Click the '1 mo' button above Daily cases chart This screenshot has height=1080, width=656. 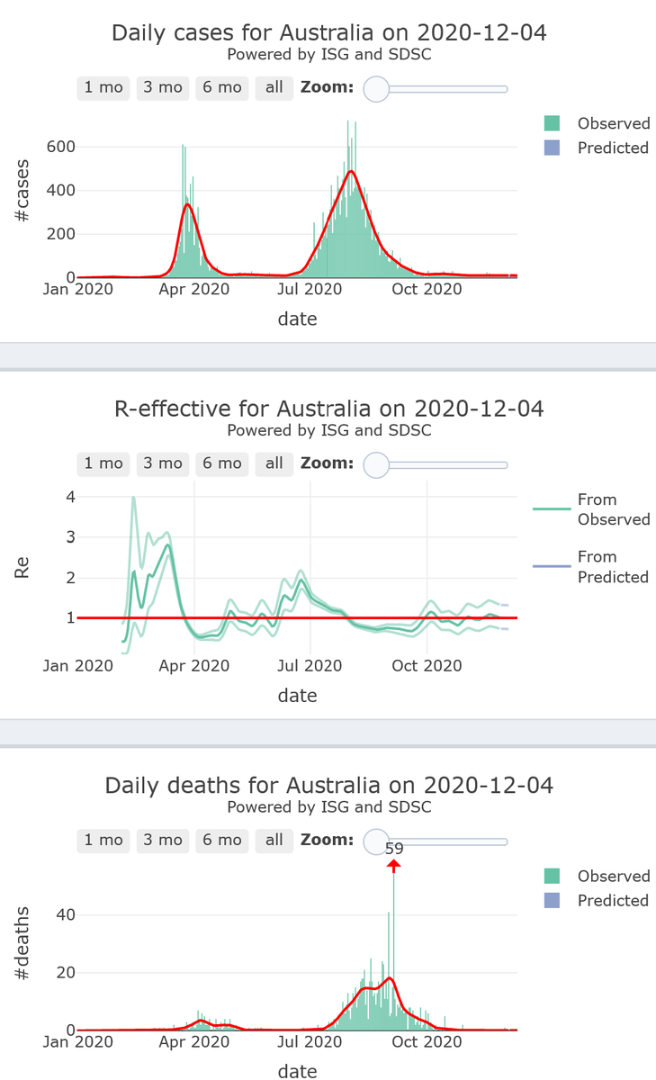click(103, 87)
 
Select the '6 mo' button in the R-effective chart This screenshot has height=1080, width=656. click(222, 463)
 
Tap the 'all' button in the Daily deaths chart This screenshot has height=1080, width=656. click(274, 840)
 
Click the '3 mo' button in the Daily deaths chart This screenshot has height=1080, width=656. click(163, 840)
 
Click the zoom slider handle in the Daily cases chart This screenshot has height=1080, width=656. click(376, 89)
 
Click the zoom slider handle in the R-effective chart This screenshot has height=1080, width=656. click(376, 464)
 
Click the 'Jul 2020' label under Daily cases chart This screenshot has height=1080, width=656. click(309, 290)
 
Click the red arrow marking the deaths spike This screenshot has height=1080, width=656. click(394, 864)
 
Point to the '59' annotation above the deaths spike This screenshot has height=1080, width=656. click(394, 848)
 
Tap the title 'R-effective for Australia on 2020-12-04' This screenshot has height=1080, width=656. click(328, 409)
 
